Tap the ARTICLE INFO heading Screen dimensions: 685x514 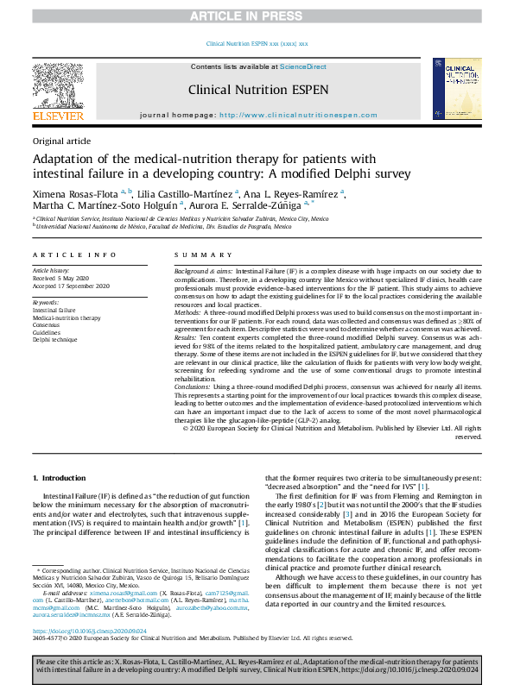pyautogui.click(x=74, y=255)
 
